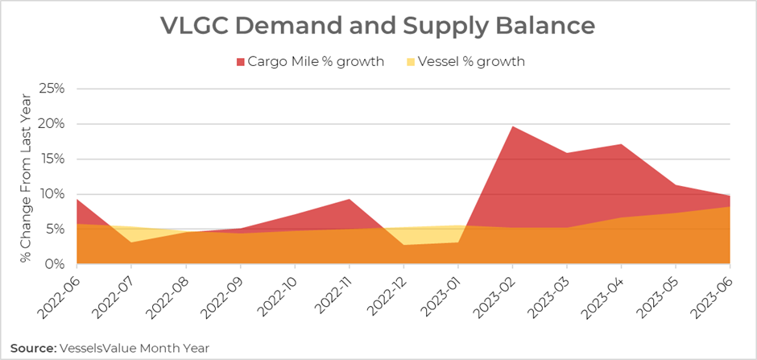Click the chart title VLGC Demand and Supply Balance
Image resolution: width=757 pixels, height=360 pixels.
tap(378, 26)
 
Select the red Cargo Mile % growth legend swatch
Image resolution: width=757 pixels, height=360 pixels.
tap(239, 61)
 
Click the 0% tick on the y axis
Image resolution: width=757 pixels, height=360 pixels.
tap(56, 264)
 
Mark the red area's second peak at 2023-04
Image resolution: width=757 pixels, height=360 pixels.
tap(621, 146)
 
